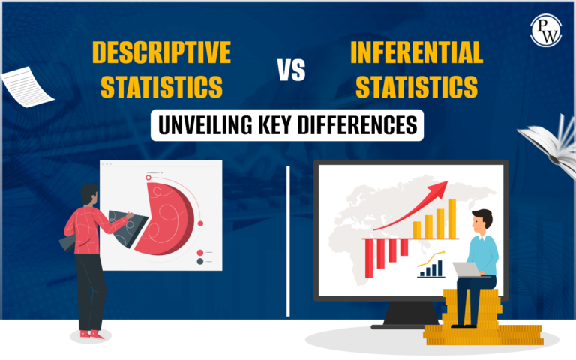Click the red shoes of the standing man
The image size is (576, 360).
click(90, 332)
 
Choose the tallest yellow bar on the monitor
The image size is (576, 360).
click(452, 217)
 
